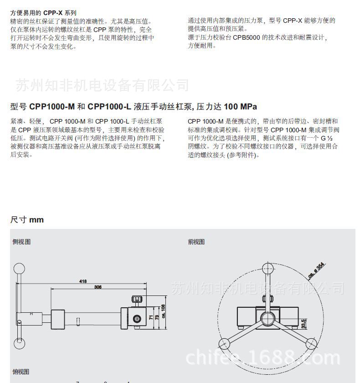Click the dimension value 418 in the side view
pos(82,281)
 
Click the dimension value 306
pos(98,287)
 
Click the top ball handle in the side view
pos(19,269)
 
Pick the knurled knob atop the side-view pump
pos(137,300)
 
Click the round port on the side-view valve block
pos(136,319)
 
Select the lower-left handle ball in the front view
pos(223,342)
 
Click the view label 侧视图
pos(21,242)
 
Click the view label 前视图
pos(196,242)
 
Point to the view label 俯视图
pos(21,372)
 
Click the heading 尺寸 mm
pos(27,220)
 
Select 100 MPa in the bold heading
pos(240,107)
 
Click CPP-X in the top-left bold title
pos(53,13)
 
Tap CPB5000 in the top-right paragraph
pos(247,37)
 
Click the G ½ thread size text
pos(327,138)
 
